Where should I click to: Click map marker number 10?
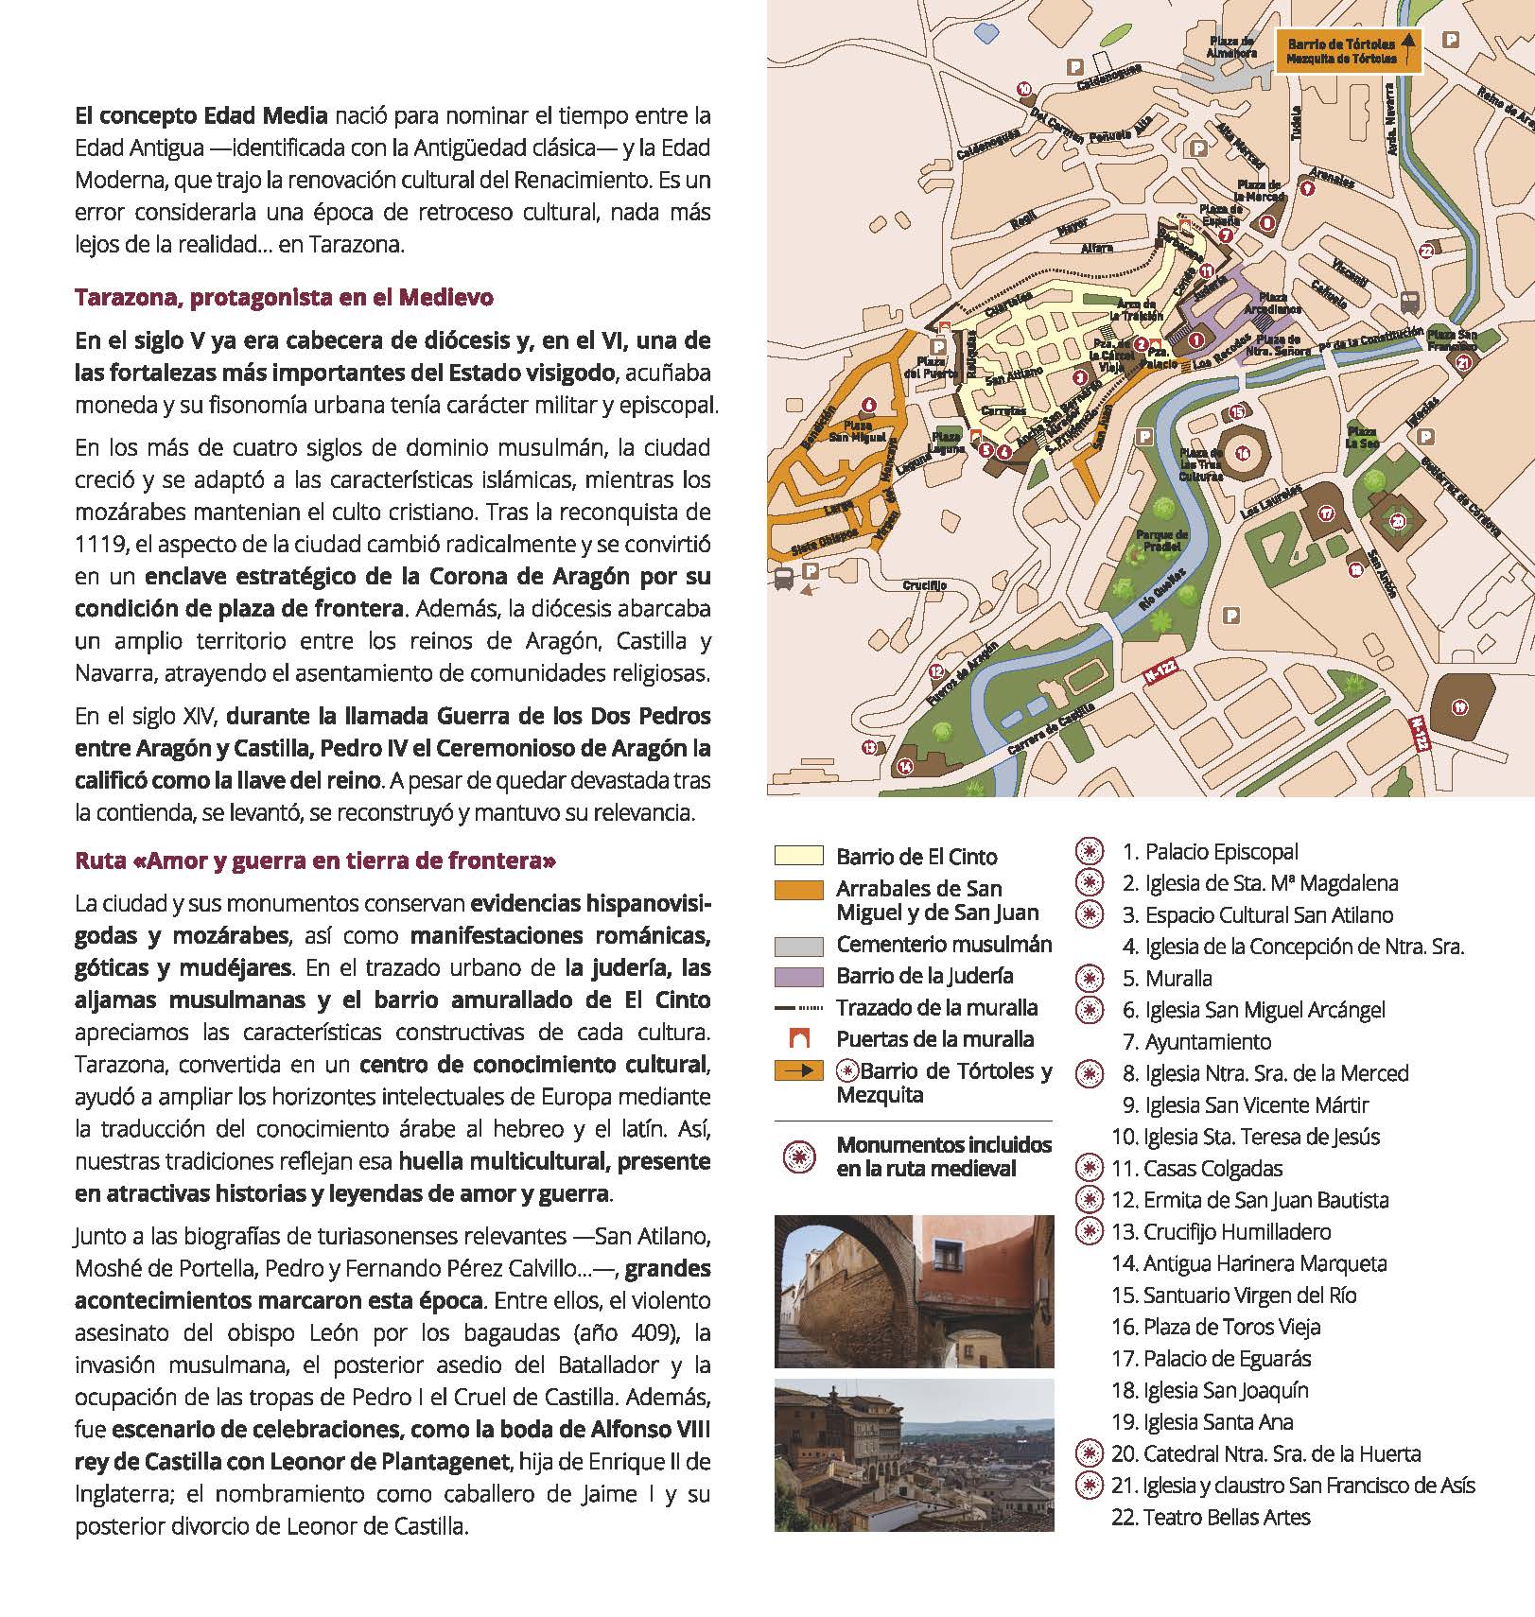coord(1024,89)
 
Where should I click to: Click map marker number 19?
coord(1459,706)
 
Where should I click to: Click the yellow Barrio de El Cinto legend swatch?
coord(798,856)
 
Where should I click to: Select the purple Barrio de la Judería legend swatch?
coord(798,976)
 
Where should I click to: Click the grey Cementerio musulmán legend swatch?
coord(798,945)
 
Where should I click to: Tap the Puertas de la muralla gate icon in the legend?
coord(799,1039)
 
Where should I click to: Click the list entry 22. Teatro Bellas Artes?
coord(1212,1517)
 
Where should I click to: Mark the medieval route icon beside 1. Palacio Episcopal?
coord(1090,851)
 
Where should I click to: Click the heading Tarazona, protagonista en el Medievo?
coord(284,298)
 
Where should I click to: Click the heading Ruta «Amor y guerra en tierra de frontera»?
coord(315,861)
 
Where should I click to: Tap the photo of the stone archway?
coord(913,1291)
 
